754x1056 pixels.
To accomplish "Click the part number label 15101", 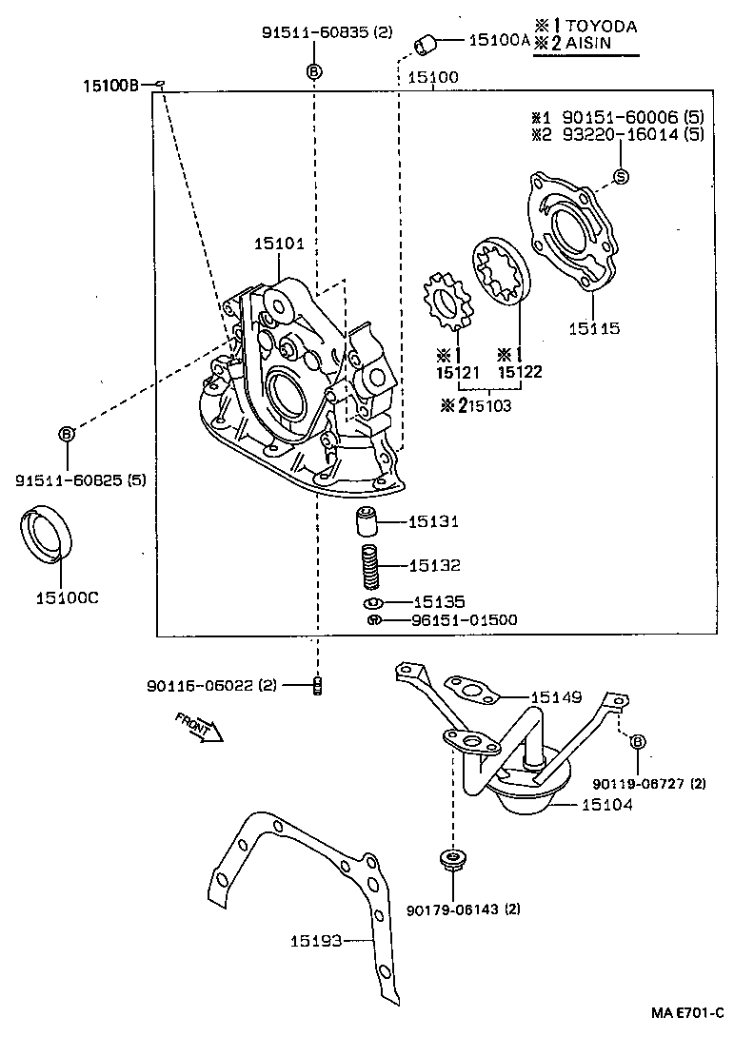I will (278, 244).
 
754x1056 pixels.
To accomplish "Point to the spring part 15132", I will (369, 566).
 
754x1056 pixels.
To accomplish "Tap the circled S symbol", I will (620, 176).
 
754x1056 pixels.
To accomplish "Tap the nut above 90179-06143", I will (450, 859).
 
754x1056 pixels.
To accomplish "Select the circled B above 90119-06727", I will (637, 741).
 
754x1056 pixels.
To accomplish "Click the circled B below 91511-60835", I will (314, 71).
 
